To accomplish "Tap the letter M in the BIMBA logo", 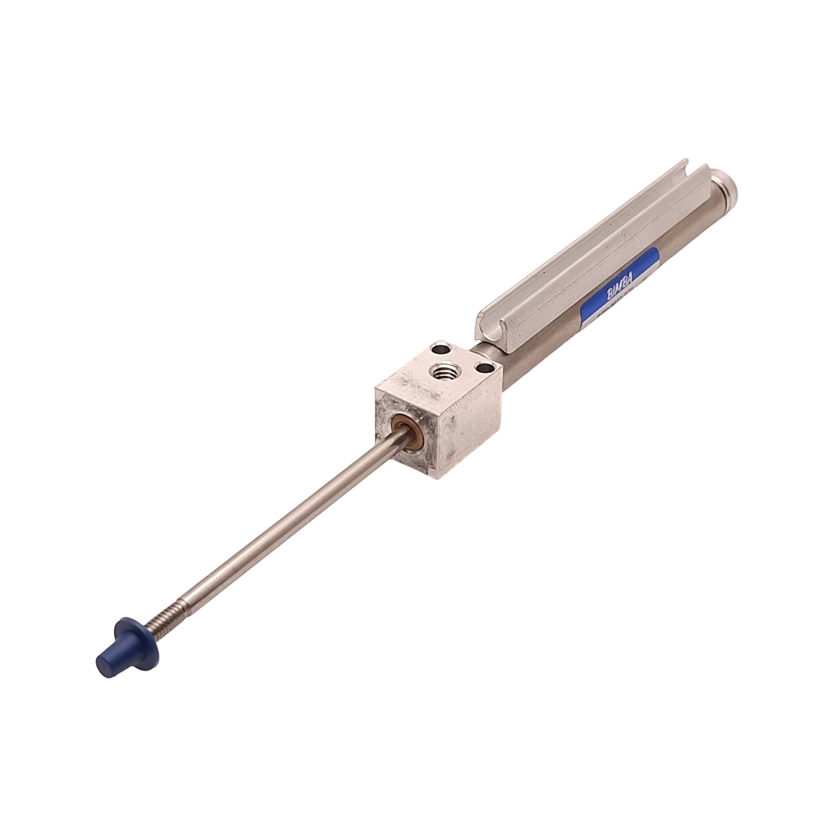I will point(622,285).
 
